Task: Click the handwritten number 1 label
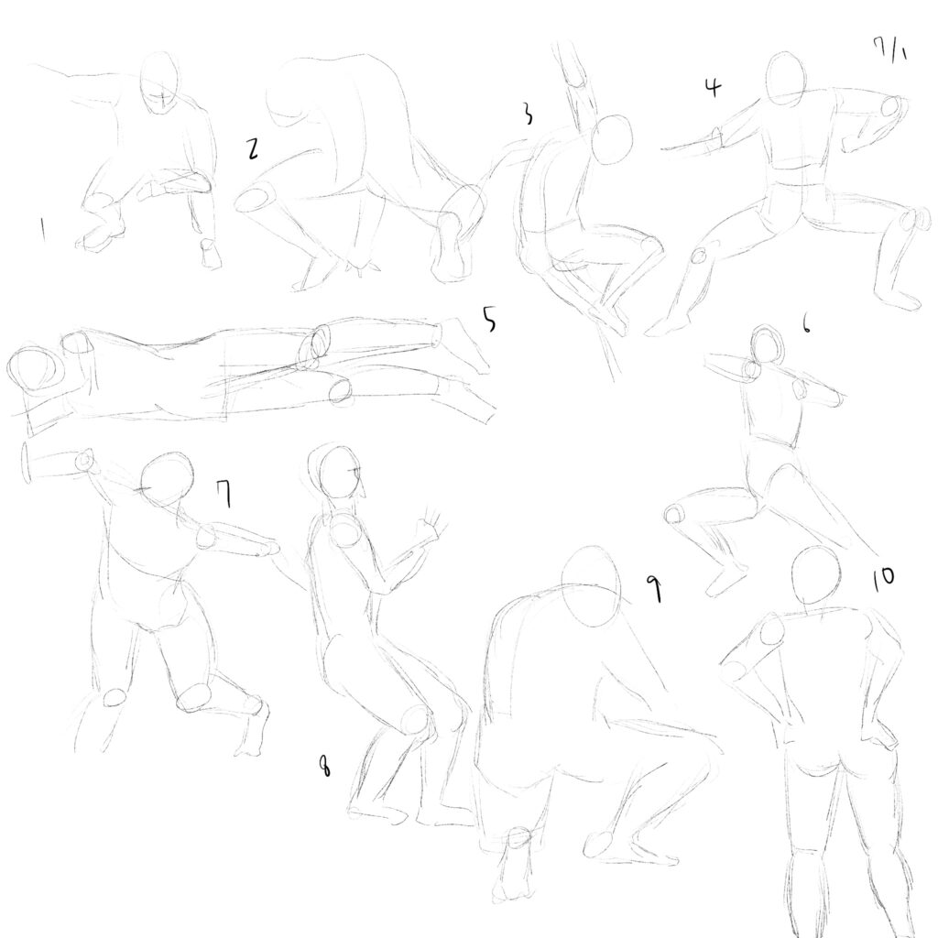point(42,229)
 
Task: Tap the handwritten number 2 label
point(254,148)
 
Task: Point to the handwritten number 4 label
point(713,87)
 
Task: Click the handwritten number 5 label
point(489,320)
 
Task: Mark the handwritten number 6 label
point(806,325)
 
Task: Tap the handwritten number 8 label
point(324,765)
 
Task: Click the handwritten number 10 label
point(882,577)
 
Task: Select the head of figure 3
point(612,139)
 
